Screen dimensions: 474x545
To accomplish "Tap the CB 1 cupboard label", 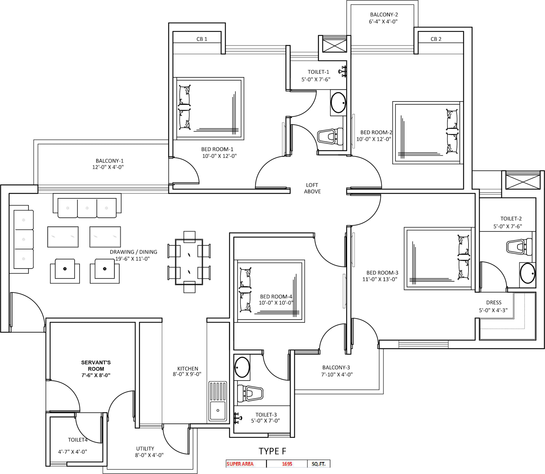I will tap(202, 39).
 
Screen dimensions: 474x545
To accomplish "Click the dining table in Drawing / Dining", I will tap(189, 262).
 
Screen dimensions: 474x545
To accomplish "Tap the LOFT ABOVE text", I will tap(312, 188).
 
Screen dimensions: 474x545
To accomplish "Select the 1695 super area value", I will tap(287, 464).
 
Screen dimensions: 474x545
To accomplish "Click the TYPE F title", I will tap(272, 451).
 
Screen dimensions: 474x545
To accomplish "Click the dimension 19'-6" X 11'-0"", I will tap(132, 259).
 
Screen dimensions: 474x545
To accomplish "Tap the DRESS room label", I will tap(494, 302).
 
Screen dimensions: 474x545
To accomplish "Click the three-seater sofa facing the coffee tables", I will tap(87, 208).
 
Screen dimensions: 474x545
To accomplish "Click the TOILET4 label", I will tap(78, 440).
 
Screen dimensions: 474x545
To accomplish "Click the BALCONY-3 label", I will tap(336, 367).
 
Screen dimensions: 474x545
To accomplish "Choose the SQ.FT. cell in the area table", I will tap(318, 464).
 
